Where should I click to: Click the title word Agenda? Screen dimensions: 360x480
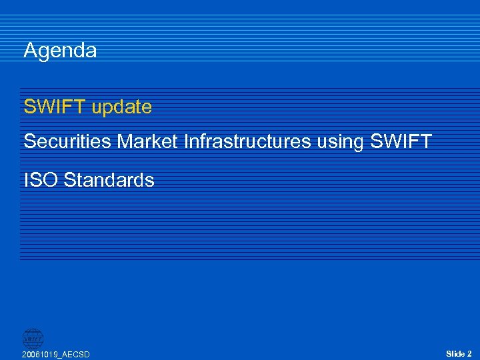[60, 51]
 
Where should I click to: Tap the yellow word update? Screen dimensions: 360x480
[122, 107]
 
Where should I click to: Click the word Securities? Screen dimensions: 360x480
[69, 141]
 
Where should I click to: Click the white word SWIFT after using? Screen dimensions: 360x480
[401, 141]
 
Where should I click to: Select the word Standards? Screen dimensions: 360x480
[109, 180]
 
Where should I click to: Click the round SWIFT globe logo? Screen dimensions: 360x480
[33, 338]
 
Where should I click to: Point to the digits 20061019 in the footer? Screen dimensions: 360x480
[40, 355]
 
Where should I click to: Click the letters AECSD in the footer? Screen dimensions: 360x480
[76, 355]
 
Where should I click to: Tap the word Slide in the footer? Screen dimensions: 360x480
[455, 354]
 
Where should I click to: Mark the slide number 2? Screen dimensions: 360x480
[469, 354]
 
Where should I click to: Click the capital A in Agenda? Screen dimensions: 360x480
[30, 51]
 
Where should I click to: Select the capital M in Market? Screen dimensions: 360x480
[126, 141]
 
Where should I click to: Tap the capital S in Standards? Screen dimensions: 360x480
[70, 180]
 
